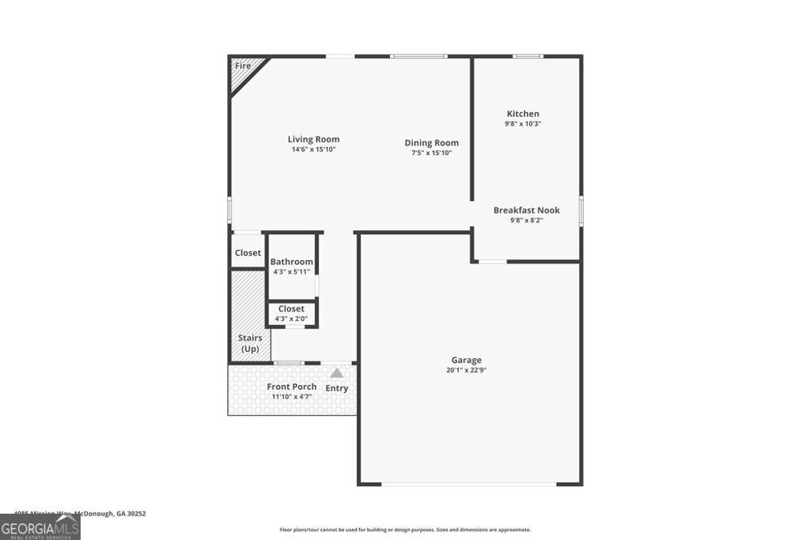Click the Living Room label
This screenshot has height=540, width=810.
click(313, 139)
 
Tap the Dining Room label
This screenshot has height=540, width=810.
click(431, 143)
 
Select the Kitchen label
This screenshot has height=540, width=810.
click(523, 114)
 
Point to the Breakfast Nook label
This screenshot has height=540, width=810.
click(526, 210)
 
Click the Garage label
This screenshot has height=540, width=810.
click(467, 361)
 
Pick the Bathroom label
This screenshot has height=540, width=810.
click(291, 262)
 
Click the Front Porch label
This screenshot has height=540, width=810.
click(291, 387)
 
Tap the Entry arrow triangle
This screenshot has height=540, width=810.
click(337, 373)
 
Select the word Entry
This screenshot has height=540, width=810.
click(337, 388)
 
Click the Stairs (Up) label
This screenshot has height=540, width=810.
click(250, 343)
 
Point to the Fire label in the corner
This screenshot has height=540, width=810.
click(243, 66)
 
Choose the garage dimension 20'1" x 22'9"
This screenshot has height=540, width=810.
click(467, 370)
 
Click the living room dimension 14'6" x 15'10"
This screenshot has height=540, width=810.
click(313, 149)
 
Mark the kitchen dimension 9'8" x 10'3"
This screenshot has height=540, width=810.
click(523, 123)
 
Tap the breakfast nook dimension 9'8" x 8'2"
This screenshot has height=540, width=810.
click(526, 220)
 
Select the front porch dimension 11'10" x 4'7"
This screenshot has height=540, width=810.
click(292, 396)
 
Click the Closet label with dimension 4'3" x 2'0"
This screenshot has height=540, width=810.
click(291, 309)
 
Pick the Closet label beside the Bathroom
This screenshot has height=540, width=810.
click(248, 253)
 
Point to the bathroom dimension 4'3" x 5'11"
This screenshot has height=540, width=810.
click(291, 271)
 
